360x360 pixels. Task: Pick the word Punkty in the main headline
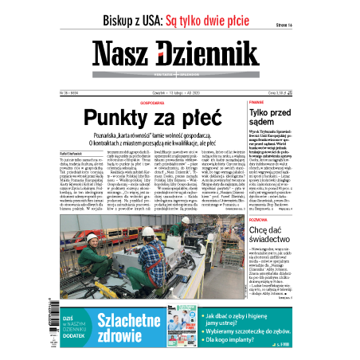pos(140,117)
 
